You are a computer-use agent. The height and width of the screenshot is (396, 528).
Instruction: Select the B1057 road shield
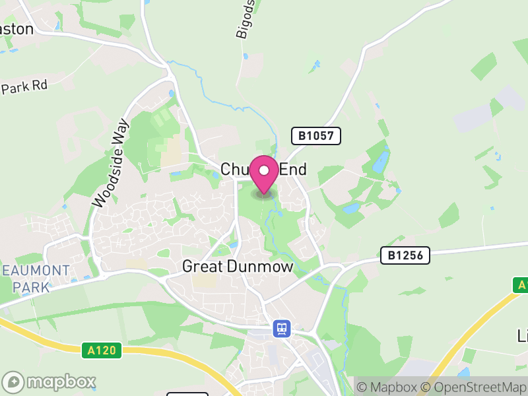click(x=316, y=136)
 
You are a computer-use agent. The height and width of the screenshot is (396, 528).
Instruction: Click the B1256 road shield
click(x=405, y=255)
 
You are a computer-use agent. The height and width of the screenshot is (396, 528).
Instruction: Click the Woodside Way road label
click(x=110, y=163)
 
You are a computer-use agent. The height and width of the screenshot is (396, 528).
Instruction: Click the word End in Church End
click(x=293, y=170)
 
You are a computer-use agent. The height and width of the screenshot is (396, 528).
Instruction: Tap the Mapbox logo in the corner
click(x=49, y=382)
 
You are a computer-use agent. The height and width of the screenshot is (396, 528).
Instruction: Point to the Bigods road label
click(x=245, y=20)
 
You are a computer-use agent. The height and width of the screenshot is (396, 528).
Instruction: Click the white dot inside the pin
click(x=265, y=170)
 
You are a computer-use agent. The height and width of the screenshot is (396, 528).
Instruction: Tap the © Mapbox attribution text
click(x=387, y=386)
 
